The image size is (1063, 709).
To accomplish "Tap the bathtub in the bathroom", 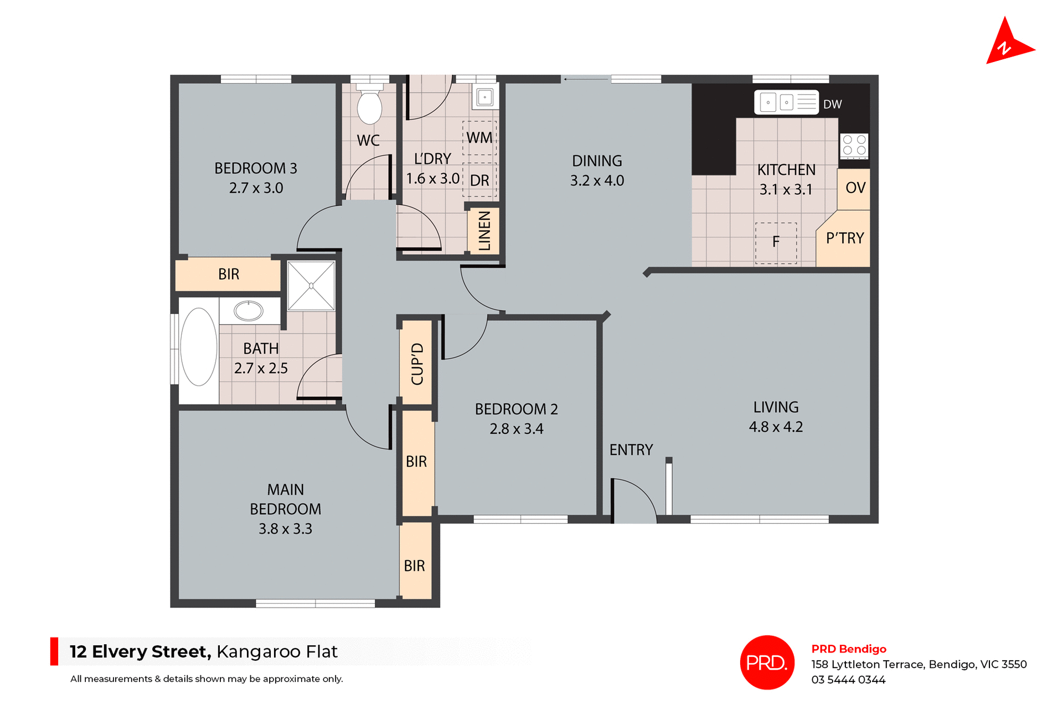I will (199, 347).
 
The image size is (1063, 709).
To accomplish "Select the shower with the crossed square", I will (311, 286).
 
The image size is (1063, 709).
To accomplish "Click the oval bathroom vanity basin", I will (249, 311).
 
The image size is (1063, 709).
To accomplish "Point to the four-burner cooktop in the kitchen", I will (854, 146).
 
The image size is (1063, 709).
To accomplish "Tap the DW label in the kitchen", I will (832, 105).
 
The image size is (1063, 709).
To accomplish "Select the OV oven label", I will (855, 188).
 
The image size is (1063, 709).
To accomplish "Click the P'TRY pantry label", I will (844, 239).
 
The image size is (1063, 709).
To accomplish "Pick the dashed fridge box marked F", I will (776, 242).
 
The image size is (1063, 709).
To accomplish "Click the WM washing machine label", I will (479, 138).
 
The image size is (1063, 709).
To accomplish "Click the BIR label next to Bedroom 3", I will (229, 275).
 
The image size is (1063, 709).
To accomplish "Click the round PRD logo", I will (767, 663).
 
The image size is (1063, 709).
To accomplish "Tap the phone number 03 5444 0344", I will (848, 680).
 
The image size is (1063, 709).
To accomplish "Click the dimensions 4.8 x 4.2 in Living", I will (775, 427).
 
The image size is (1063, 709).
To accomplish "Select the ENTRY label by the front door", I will (631, 450).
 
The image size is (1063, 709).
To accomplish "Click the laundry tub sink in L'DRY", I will (485, 97).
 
